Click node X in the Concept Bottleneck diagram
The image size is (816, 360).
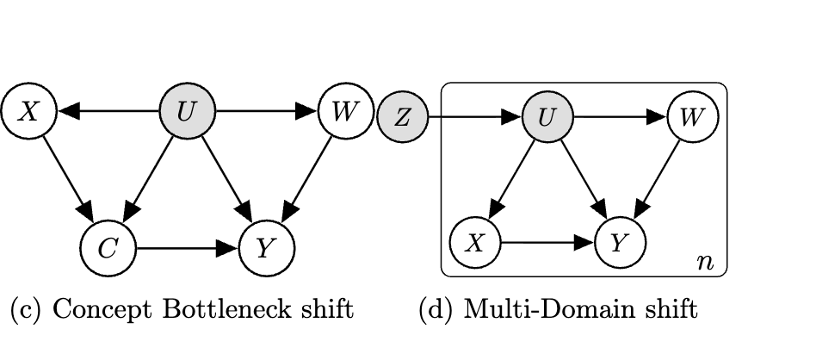tap(28, 111)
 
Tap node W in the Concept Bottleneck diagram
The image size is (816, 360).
tap(344, 111)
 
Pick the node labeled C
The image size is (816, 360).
tap(108, 248)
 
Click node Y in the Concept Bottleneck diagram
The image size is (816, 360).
tap(266, 248)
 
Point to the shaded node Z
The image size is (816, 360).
tap(402, 117)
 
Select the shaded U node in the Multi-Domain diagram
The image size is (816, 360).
tap(547, 117)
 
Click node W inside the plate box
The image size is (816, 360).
tap(692, 117)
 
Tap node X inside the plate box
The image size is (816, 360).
tap(474, 242)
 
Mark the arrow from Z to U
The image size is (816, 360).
tap(473, 117)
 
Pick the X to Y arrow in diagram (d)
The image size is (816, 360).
tap(547, 242)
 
